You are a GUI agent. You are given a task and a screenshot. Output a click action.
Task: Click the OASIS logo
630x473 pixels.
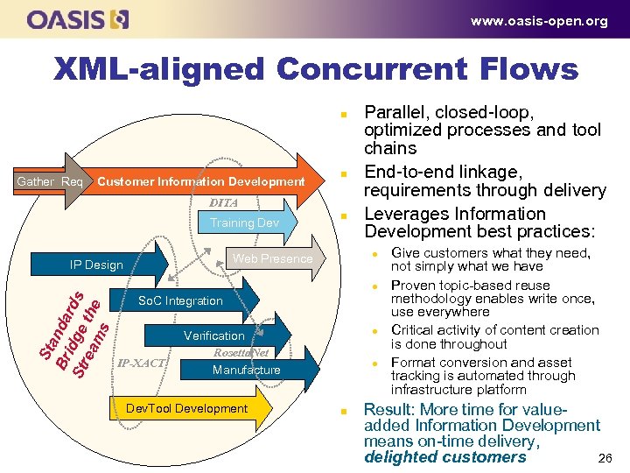point(78,19)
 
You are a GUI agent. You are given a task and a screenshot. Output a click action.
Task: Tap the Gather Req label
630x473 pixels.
point(50,182)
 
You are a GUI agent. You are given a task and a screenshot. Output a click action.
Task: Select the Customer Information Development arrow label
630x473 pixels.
point(201,182)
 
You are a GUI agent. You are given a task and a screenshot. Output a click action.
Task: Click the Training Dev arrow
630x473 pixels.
point(244,223)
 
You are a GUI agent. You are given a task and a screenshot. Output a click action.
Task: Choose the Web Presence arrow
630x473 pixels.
point(272,258)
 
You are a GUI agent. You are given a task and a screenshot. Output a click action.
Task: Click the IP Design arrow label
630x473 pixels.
point(96,265)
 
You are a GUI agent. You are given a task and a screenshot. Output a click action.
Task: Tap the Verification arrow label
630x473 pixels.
point(214,335)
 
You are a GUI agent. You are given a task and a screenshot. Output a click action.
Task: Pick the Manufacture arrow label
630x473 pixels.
point(246,371)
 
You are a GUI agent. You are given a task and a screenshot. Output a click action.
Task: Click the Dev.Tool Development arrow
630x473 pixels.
point(187,408)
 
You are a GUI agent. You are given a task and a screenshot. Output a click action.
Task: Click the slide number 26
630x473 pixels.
point(604,459)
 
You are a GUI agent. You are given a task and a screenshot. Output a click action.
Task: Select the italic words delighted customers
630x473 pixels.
point(444,457)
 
